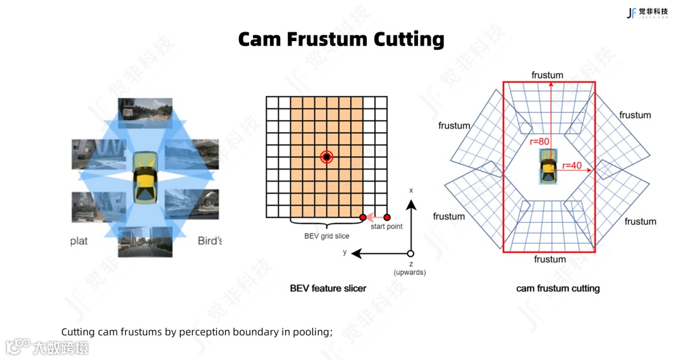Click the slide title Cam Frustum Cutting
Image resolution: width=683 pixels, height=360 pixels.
tap(341, 39)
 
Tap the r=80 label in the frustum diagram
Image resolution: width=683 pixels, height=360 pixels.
tap(539, 142)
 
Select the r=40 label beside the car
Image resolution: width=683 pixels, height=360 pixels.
tap(572, 166)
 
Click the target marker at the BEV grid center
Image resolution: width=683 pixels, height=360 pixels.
tap(326, 157)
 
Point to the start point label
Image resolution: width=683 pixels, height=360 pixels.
tap(386, 227)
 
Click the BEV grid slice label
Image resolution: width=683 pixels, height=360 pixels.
tap(326, 236)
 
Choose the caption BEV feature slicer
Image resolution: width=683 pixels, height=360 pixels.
tap(328, 289)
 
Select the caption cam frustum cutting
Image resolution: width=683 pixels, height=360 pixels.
tap(558, 289)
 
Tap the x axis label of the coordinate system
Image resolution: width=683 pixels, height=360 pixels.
tap(411, 190)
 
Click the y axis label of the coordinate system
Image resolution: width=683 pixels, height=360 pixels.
tap(345, 253)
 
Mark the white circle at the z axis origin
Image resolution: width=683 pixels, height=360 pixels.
tap(411, 254)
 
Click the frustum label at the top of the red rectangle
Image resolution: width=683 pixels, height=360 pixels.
tap(547, 75)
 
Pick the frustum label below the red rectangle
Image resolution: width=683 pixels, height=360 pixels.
tap(550, 259)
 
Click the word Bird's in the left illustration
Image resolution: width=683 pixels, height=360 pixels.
tap(209, 241)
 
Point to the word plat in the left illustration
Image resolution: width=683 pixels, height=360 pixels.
tap(79, 241)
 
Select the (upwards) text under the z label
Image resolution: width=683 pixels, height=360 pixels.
tap(410, 273)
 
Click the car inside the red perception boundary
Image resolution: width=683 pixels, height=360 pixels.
tap(547, 166)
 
